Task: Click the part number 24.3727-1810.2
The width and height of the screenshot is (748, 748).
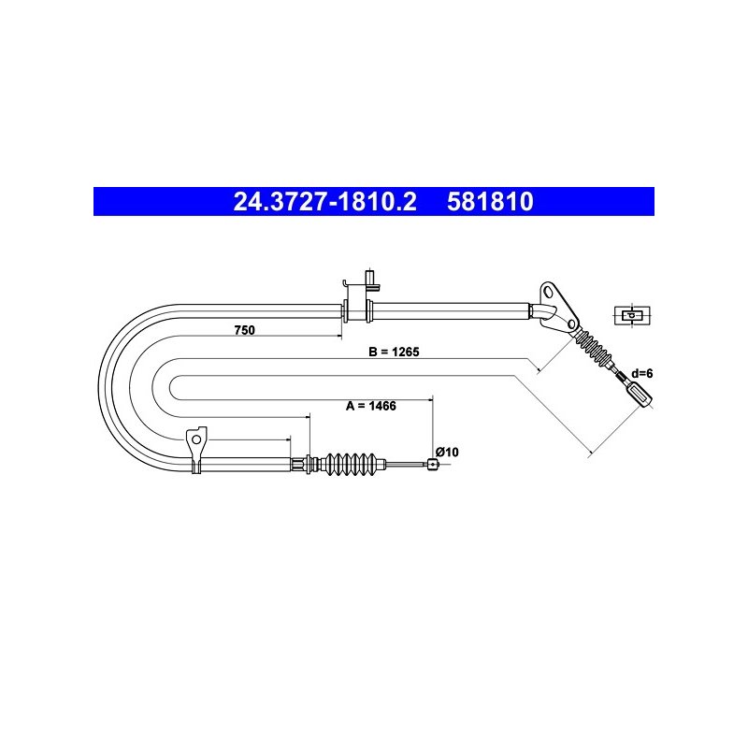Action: [x=324, y=202]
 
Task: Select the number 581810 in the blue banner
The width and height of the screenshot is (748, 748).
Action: [x=490, y=202]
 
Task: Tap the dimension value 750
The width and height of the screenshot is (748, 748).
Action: [x=245, y=330]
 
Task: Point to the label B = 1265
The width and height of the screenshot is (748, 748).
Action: [x=394, y=352]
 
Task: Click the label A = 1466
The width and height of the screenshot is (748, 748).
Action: [x=371, y=406]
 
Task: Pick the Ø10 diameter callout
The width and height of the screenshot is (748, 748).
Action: [x=447, y=452]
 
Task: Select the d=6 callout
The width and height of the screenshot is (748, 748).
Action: [x=641, y=373]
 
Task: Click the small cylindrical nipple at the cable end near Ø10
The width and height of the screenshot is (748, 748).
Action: [x=432, y=464]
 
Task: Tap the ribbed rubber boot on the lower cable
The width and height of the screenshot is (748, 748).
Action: [x=350, y=464]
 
